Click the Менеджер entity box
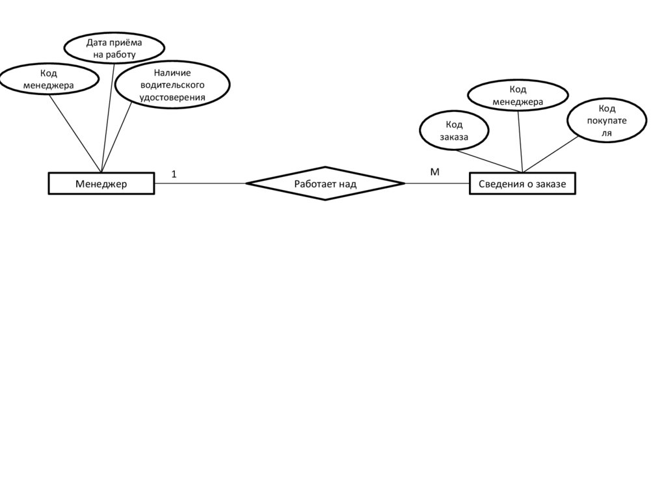click(x=101, y=183)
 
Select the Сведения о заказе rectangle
click(x=522, y=184)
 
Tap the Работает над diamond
click(x=325, y=183)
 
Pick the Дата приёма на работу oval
click(x=114, y=49)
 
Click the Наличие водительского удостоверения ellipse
click(x=172, y=85)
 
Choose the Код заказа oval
click(x=453, y=130)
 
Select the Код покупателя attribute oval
click(x=607, y=120)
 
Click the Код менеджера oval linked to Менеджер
click(x=49, y=79)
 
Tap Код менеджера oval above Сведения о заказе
click(x=518, y=96)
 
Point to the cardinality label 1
click(x=174, y=174)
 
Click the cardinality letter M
click(x=434, y=172)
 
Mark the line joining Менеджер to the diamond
click(x=200, y=183)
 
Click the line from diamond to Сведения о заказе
click(x=436, y=183)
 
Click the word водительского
click(x=172, y=85)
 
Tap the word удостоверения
click(x=172, y=98)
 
